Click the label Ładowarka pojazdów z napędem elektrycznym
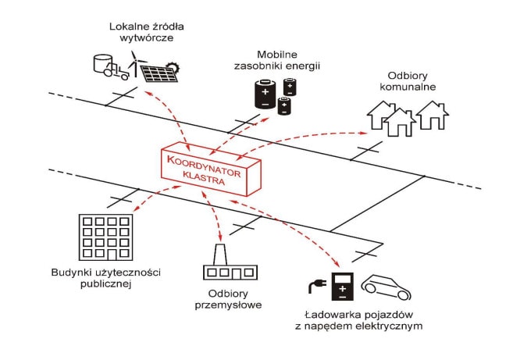[x=360, y=319]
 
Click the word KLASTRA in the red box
[x=204, y=179]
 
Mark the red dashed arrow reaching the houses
[x=328, y=137]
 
